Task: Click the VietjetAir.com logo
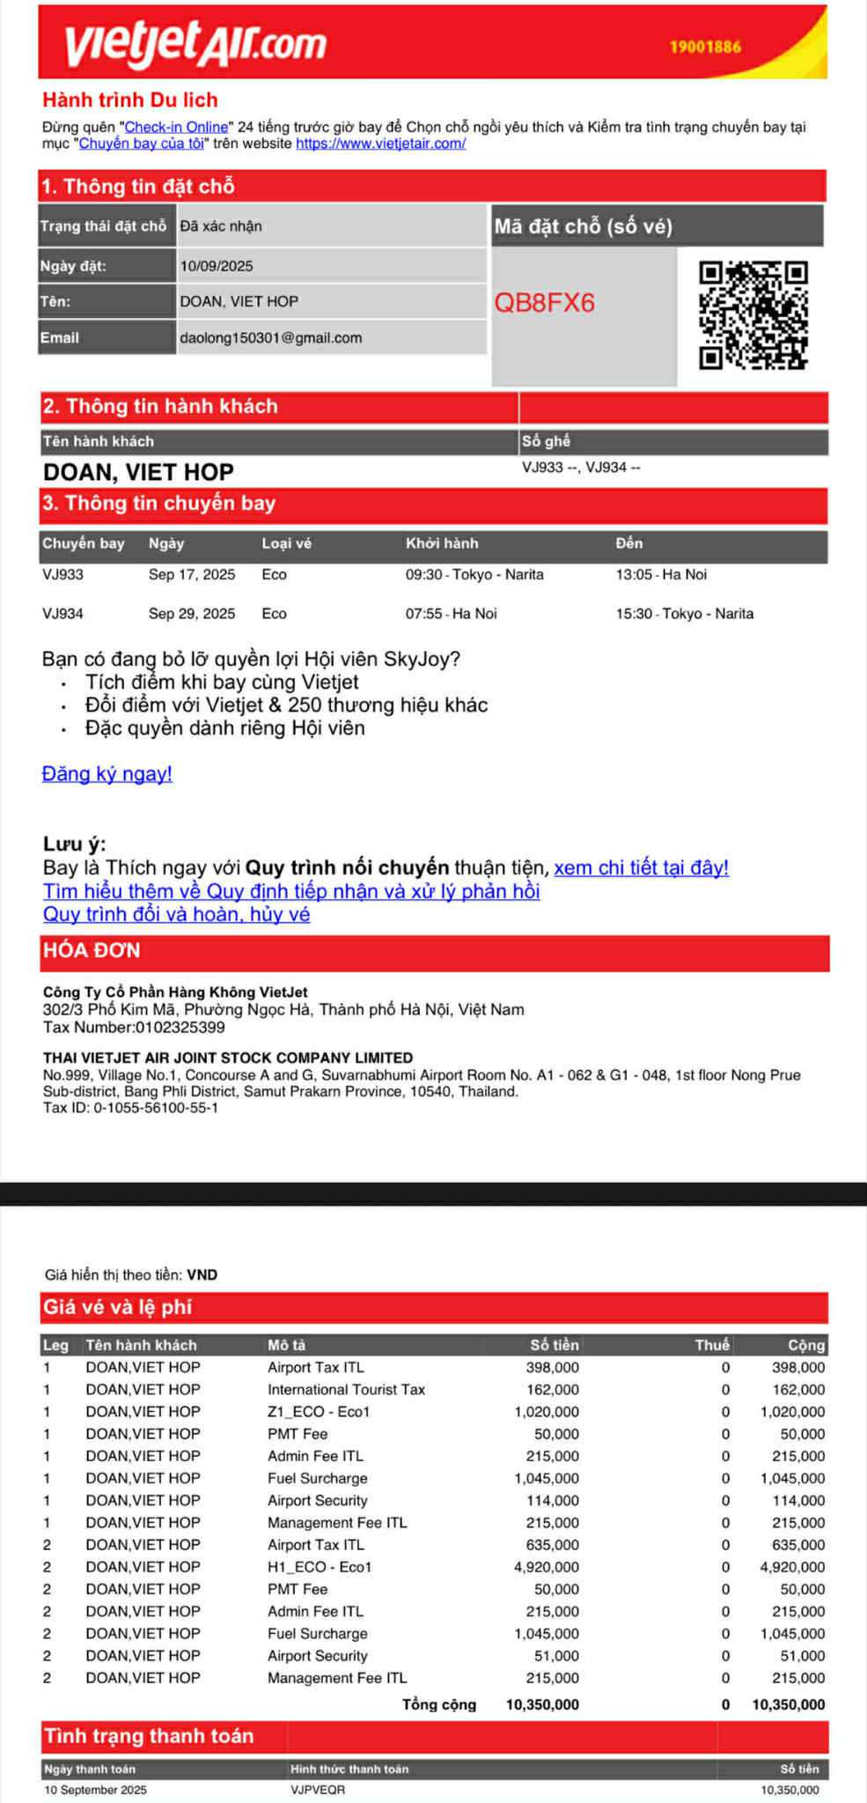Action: [x=195, y=44]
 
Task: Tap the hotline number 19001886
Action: [x=705, y=48]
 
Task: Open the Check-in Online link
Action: [x=176, y=128]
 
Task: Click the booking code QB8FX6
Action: [x=544, y=303]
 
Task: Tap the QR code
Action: [x=753, y=314]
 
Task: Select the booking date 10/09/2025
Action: [x=217, y=266]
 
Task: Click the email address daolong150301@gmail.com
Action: [x=271, y=338]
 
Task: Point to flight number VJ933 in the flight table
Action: [x=63, y=575]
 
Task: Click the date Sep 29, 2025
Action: [x=192, y=614]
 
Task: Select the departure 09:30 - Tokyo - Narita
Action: [x=474, y=575]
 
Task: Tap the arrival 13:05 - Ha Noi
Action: [x=661, y=575]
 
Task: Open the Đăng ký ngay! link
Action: [x=107, y=774]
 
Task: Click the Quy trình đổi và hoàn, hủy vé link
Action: [x=177, y=914]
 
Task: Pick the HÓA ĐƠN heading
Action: [x=92, y=951]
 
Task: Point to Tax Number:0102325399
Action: [x=134, y=1028]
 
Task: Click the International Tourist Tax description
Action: [x=346, y=1390]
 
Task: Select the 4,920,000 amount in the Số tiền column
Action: [x=547, y=1567]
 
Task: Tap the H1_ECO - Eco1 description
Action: [x=320, y=1567]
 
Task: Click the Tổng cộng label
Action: [x=439, y=1704]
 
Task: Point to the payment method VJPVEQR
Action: [x=318, y=1790]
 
